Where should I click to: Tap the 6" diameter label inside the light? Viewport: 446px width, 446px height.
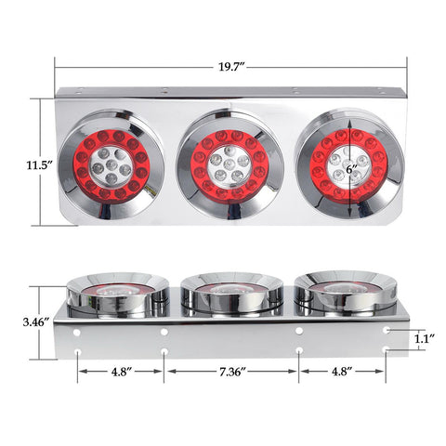tap(351, 169)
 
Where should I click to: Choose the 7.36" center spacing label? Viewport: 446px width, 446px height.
tap(231, 372)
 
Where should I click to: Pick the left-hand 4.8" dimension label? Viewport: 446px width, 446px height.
tap(120, 372)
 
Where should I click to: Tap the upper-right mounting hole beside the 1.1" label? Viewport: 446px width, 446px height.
tap(387, 329)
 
